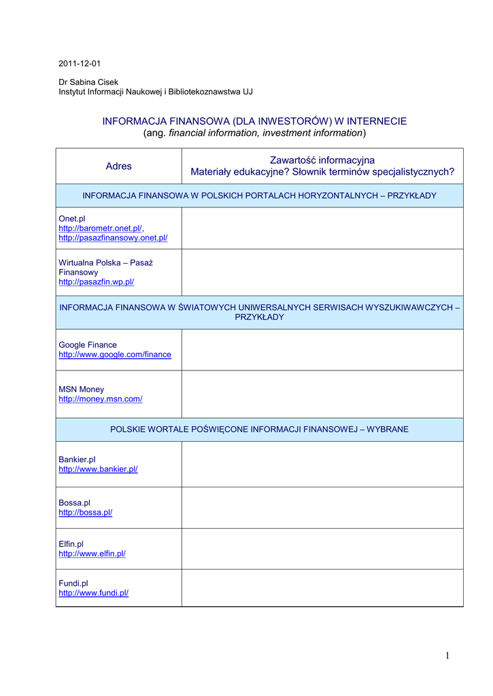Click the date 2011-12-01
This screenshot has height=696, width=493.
(80, 64)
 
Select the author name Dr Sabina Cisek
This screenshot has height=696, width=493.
(88, 82)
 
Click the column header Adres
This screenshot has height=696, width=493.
(118, 166)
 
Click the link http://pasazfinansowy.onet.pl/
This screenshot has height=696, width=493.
(113, 238)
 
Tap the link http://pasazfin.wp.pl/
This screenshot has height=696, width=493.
(96, 281)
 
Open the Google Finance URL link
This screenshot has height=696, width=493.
(115, 355)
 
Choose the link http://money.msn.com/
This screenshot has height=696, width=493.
(101, 399)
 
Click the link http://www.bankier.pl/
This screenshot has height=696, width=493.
(98, 469)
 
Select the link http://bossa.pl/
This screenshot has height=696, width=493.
(85, 512)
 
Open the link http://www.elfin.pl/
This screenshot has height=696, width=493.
(92, 554)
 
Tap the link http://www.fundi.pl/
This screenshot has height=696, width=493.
(93, 593)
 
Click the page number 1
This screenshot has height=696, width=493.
(448, 655)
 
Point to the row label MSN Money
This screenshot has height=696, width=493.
(82, 389)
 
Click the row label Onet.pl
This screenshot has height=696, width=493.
(72, 219)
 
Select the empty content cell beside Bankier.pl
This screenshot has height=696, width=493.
(322, 464)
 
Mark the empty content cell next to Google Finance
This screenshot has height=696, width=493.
(322, 350)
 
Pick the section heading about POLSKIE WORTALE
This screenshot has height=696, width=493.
(259, 430)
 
